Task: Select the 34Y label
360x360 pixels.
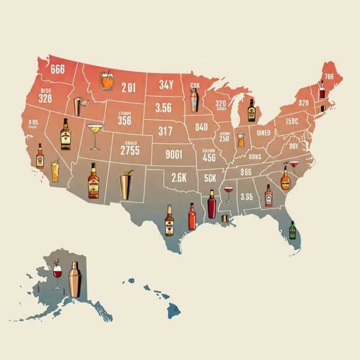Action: (166, 84)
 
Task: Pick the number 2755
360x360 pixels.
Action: (129, 150)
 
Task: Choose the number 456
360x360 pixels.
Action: (209, 158)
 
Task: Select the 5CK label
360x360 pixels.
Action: (210, 177)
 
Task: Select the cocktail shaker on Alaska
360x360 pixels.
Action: (75, 279)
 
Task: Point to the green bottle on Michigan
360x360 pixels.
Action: (251, 111)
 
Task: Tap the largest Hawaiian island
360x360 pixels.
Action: (173, 310)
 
